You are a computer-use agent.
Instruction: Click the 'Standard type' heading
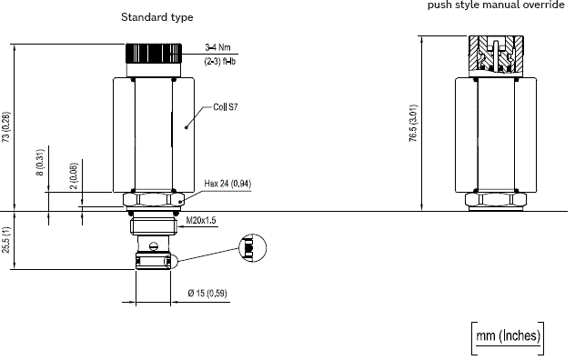pos(157,17)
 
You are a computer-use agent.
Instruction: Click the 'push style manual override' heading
pos(496,5)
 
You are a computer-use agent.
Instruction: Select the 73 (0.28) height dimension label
pos(6,127)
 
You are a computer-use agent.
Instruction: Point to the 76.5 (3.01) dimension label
pos(413,123)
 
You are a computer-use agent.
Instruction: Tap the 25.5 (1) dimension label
pos(6,240)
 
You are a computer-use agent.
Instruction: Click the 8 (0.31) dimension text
pos(40,162)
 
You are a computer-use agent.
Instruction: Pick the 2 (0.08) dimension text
pos(74,176)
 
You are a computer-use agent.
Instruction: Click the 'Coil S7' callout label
pos(226,107)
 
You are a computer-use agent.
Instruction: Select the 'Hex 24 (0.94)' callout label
pos(227,183)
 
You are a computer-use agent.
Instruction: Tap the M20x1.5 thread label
pos(201,220)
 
